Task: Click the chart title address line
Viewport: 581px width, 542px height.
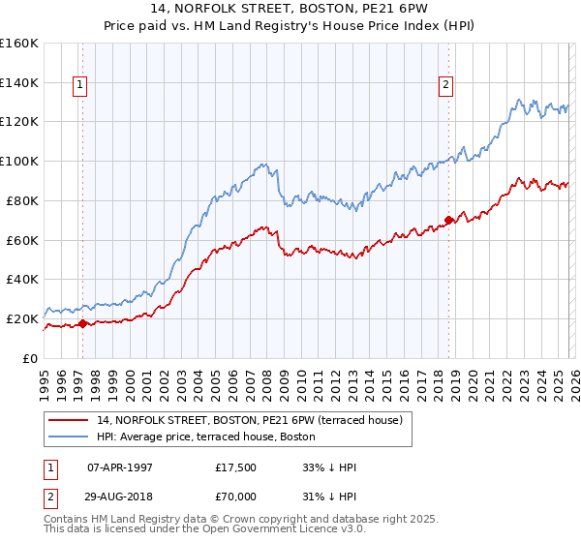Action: (x=290, y=9)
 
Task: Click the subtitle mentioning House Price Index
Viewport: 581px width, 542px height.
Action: (x=290, y=26)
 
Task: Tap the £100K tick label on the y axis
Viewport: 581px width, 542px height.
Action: (x=19, y=161)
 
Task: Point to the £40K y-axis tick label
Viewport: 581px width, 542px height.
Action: (x=22, y=279)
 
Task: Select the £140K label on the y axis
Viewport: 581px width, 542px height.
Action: (x=19, y=82)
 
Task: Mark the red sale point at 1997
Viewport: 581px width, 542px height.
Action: (x=82, y=323)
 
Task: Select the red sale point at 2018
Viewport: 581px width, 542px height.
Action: (x=448, y=220)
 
